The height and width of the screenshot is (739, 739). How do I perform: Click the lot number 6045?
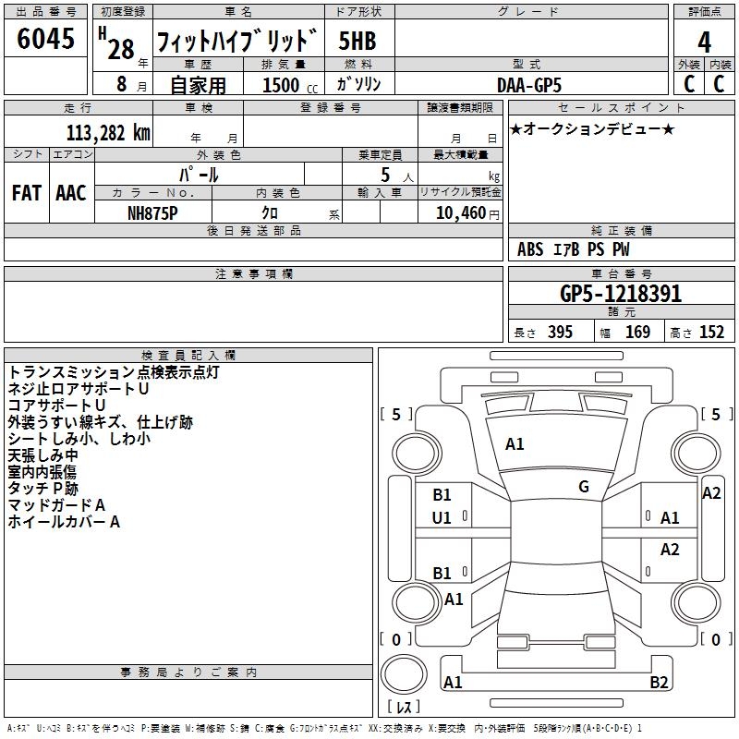pos(45,39)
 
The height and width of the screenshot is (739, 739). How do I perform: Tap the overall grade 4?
pos(704,42)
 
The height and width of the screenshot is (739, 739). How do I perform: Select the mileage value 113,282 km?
pos(108,133)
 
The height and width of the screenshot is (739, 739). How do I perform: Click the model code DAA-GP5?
pos(529,85)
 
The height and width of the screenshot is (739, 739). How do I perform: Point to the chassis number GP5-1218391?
pos(621,294)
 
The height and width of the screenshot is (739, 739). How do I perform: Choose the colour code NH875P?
pos(152,213)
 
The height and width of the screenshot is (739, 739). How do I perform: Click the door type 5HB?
pos(357,41)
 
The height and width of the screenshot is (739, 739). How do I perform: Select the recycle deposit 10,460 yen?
pos(467,213)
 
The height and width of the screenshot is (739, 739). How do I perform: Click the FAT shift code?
pos(27,193)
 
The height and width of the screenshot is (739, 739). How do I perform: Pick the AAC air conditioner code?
pos(71,193)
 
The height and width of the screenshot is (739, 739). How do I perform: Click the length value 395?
pos(560,333)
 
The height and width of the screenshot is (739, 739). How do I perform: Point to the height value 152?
pos(711,333)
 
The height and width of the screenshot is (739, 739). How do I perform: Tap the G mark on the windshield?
pos(584,487)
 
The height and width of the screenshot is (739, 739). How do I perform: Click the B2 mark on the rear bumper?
pos(659,682)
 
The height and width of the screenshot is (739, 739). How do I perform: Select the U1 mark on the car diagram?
pos(442,518)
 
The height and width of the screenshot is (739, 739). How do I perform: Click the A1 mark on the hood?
pos(515,444)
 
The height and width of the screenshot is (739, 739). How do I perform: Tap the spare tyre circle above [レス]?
pos(404,674)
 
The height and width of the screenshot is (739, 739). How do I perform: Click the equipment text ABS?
pos(530,249)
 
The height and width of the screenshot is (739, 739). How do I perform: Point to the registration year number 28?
pos(121,49)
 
